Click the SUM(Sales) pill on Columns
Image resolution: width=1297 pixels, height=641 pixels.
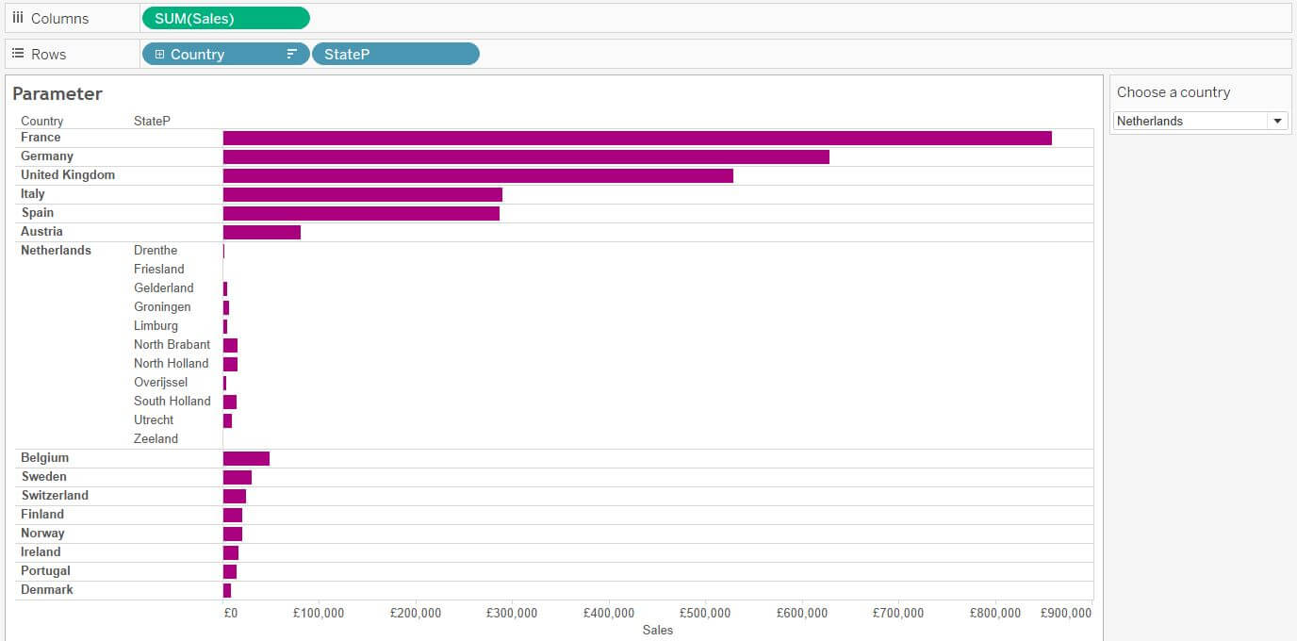[x=224, y=18]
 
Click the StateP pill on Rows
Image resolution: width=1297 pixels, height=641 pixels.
[x=395, y=55]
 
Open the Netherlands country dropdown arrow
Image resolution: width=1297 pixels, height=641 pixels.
[x=1277, y=121]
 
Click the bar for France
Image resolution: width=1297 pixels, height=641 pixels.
[x=636, y=138]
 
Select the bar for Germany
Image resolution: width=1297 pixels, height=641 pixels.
[x=526, y=156]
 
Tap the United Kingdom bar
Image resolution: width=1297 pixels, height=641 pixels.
[x=478, y=175]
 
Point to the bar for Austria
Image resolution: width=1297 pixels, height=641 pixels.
[x=262, y=232]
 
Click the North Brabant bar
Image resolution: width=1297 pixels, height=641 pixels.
[x=230, y=345]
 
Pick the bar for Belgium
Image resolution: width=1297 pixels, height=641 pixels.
[x=246, y=458]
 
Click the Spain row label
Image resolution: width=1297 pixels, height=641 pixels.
[x=38, y=213]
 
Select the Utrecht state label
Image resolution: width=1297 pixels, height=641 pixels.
[x=154, y=420]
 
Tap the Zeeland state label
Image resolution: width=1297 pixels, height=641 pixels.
[x=156, y=439]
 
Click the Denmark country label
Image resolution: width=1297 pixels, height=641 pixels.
[x=47, y=590]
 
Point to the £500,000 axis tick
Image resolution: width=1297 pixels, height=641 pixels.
[x=705, y=613]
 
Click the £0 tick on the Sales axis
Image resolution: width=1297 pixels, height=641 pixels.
[x=230, y=613]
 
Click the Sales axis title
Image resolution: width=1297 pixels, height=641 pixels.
[x=658, y=630]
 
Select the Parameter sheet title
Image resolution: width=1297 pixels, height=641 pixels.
[x=57, y=94]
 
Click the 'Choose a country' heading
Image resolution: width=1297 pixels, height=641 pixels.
[x=1174, y=92]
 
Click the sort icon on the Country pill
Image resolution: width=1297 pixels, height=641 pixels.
[x=292, y=55]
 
